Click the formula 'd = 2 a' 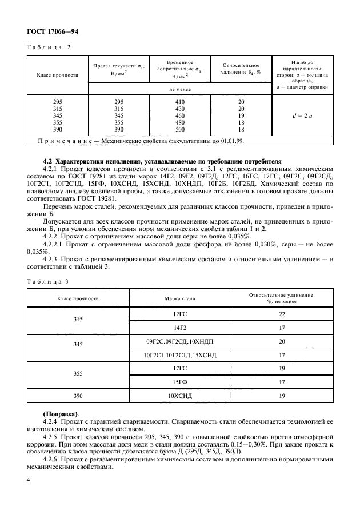tap(301, 115)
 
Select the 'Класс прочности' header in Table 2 tap(57, 75)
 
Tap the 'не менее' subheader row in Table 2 tap(179, 89)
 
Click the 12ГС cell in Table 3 tap(180, 314)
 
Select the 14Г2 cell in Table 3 tap(180, 328)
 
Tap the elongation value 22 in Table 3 tap(281, 314)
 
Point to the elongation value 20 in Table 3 tap(281, 341)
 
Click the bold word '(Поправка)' tap(61, 413)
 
